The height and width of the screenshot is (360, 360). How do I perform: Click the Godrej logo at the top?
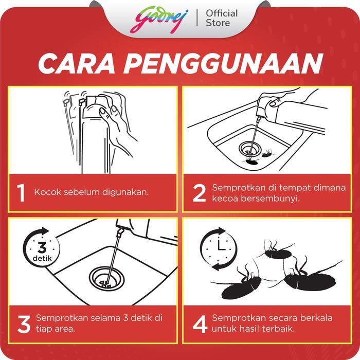(x=159, y=20)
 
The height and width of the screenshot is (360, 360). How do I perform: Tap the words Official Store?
(x=222, y=18)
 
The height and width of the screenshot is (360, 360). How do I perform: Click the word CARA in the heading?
(x=76, y=64)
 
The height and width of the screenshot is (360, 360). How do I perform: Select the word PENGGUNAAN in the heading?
(x=223, y=64)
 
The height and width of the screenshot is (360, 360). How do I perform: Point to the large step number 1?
(x=21, y=193)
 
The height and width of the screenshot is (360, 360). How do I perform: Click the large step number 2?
(x=199, y=193)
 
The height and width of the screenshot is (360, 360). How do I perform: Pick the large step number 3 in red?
(x=24, y=324)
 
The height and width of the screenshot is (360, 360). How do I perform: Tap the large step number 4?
(x=200, y=324)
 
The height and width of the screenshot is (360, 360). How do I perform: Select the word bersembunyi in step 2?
(x=270, y=199)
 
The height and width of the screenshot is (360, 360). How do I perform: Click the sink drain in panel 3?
(x=106, y=278)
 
